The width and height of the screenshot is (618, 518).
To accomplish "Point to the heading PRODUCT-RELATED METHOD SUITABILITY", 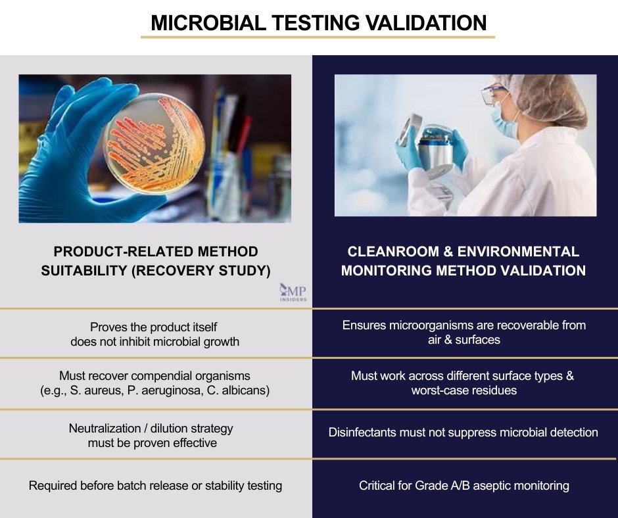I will pos(155,261).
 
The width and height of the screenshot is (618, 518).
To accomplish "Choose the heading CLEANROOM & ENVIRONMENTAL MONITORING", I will pos(463,261).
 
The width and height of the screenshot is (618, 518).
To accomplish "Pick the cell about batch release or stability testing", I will pos(155,486).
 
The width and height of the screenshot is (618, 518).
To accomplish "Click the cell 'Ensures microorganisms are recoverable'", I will pos(463,332).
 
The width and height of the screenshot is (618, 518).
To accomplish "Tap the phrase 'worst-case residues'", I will pos(463,389).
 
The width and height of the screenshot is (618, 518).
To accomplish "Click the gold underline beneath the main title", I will pos(318,37).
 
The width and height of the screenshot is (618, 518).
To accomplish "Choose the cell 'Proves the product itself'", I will pos(155,334).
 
